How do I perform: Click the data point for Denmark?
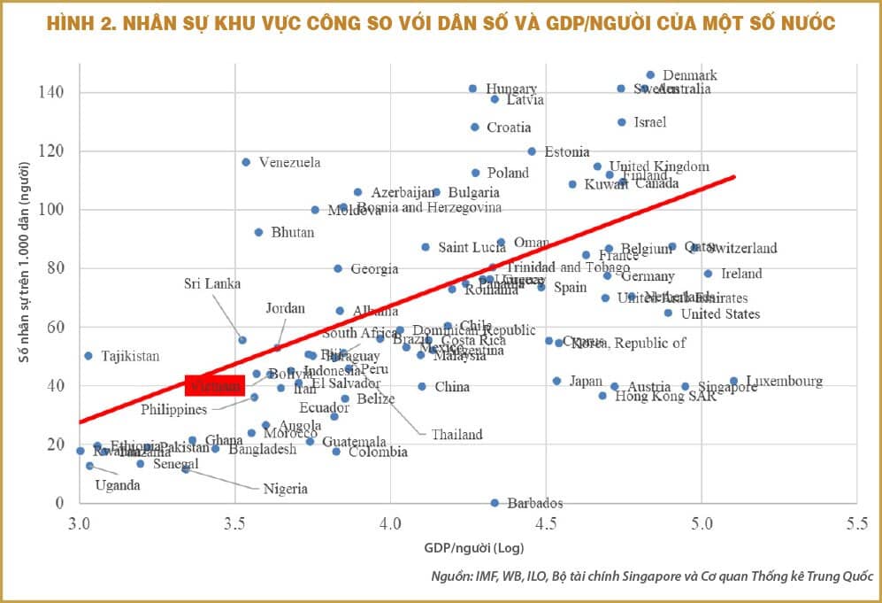point(650,75)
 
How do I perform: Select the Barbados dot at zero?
point(495,503)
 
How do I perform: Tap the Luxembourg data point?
point(733,382)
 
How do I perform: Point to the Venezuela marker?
point(246,162)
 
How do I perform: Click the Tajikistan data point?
point(88,356)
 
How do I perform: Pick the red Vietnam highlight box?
point(214,386)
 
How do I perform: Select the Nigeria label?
point(285,488)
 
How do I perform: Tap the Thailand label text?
point(456,434)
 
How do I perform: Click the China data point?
point(422,386)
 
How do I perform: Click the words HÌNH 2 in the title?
point(83,23)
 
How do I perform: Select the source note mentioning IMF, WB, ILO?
point(652,576)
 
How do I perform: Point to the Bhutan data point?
point(258,232)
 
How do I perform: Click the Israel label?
point(649,122)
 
